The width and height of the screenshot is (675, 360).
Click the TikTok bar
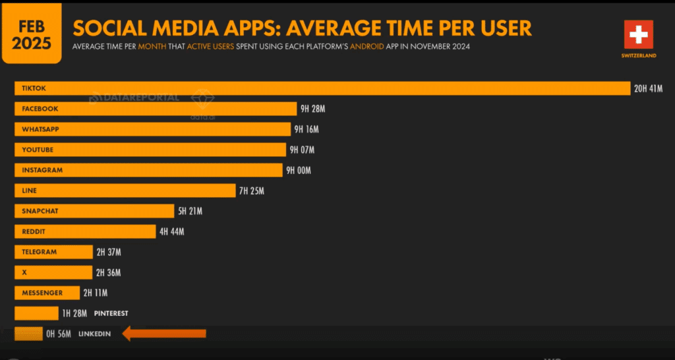pyautogui.click(x=322, y=88)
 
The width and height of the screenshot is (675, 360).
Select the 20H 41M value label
pyautogui.click(x=649, y=88)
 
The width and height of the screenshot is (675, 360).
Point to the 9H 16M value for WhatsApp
pyautogui.click(x=307, y=129)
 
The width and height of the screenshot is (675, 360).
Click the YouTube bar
pyautogui.click(x=150, y=150)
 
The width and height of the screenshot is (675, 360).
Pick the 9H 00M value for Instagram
pyautogui.click(x=298, y=170)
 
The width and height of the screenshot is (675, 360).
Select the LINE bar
pyautogui.click(x=125, y=191)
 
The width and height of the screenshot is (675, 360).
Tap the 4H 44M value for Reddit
pyautogui.click(x=171, y=231)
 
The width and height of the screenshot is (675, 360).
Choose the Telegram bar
pyautogui.click(x=53, y=252)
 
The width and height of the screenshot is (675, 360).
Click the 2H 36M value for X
pyautogui.click(x=108, y=272)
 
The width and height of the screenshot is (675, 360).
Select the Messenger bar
pyautogui.click(x=46, y=293)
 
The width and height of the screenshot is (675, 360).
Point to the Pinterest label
pyautogui.click(x=111, y=313)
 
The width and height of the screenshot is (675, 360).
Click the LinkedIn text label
pyautogui.click(x=95, y=334)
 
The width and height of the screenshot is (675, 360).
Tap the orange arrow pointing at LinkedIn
pyautogui.click(x=164, y=334)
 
